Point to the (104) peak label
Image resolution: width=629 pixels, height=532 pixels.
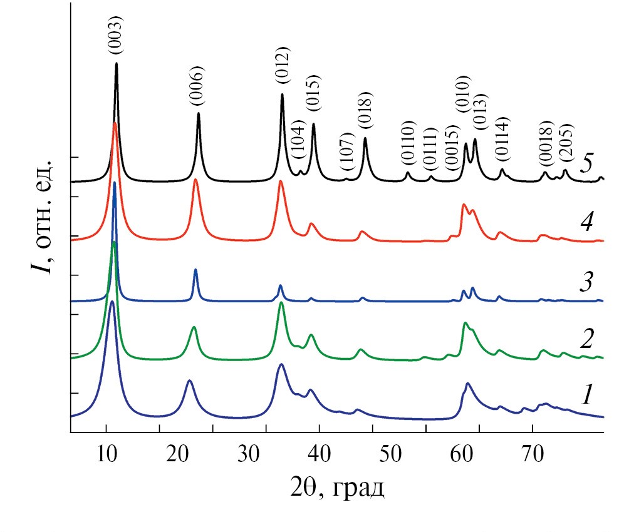pyautogui.click(x=299, y=141)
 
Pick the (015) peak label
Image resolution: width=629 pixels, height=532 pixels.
pyautogui.click(x=313, y=93)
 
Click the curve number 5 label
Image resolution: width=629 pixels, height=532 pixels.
pyautogui.click(x=586, y=163)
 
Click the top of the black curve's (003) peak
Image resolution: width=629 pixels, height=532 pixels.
pyautogui.click(x=117, y=63)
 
